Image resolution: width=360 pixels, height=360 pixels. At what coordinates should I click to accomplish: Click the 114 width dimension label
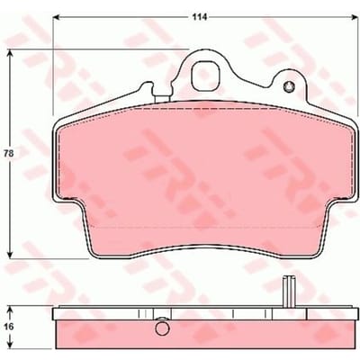click(200, 17)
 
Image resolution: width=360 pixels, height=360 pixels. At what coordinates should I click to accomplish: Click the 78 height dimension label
click(9, 154)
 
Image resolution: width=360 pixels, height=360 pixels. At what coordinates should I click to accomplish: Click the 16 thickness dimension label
click(9, 326)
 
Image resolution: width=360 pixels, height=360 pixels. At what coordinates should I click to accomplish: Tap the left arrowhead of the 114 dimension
click(57, 17)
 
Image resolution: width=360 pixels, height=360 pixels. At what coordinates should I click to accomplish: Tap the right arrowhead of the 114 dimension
click(355, 17)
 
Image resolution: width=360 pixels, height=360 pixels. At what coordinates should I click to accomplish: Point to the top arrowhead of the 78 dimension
click(11, 53)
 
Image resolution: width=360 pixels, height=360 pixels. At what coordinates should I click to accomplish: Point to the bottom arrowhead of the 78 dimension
click(11, 255)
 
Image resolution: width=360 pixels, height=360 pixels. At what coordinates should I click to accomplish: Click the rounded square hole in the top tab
click(206, 76)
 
